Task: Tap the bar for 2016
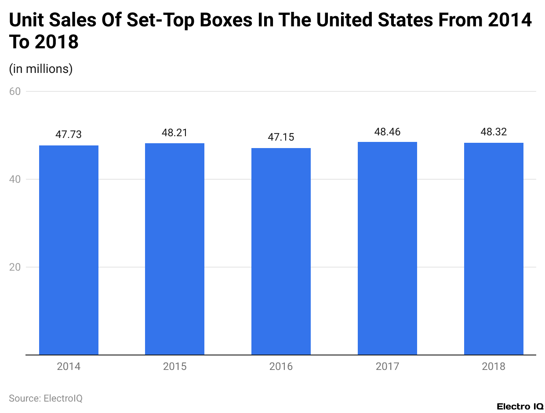tap(281, 251)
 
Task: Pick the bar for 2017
tap(387, 248)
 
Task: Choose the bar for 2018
tap(494, 249)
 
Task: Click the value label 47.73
tap(69, 135)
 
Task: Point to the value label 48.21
tap(175, 133)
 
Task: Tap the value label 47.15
tap(281, 138)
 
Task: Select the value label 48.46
tap(387, 131)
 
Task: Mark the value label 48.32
tap(494, 132)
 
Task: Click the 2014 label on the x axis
tap(69, 366)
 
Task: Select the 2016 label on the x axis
tap(281, 366)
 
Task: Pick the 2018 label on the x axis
tap(494, 366)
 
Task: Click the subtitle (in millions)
tap(41, 69)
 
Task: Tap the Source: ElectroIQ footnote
tap(46, 398)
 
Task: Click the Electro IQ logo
tap(520, 406)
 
